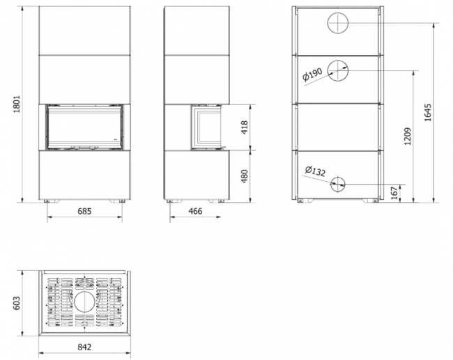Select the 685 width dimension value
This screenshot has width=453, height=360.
point(84,210)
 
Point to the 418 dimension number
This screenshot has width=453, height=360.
point(243,127)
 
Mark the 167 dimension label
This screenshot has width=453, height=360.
point(394,192)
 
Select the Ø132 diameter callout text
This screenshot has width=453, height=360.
point(316,171)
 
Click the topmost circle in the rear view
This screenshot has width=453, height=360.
point(337,24)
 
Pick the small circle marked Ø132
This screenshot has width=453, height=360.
point(337,183)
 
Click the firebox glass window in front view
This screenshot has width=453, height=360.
point(84,127)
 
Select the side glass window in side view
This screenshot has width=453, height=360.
point(206,127)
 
